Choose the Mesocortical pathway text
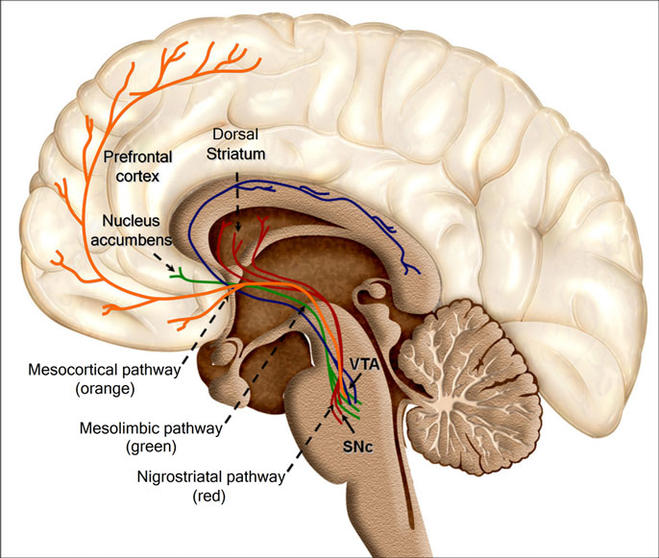click(x=110, y=370)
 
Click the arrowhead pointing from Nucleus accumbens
click(x=173, y=271)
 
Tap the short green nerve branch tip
click(x=174, y=277)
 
